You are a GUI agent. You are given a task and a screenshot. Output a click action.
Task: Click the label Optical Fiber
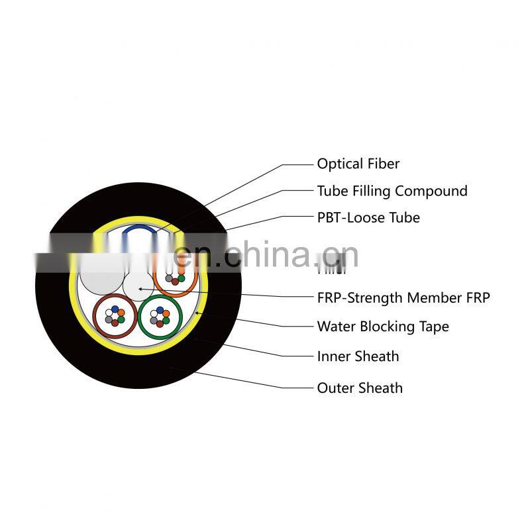pyautogui.click(x=358, y=164)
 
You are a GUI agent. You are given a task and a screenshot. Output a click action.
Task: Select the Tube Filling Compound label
pyautogui.click(x=392, y=191)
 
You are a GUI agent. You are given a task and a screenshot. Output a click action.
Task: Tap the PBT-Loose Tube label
pyautogui.click(x=368, y=218)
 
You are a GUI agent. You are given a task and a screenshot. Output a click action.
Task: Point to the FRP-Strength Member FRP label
pyautogui.click(x=403, y=298)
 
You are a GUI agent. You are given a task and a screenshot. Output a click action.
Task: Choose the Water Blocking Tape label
pyautogui.click(x=382, y=327)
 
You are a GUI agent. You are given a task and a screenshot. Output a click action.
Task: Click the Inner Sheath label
pyautogui.click(x=358, y=356)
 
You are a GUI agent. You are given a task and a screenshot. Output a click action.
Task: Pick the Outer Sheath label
pyautogui.click(x=359, y=388)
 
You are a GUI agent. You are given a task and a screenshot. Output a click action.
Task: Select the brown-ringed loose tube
pyautogui.click(x=113, y=315)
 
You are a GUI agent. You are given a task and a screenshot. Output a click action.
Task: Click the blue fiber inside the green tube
pyautogui.click(x=160, y=309)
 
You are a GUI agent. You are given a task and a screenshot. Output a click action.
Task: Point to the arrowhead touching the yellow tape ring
pyautogui.click(x=197, y=312)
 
